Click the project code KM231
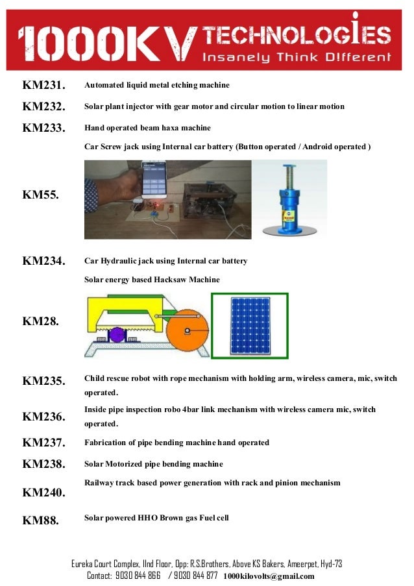(x=43, y=86)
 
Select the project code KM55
(x=40, y=194)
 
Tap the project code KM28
(x=40, y=321)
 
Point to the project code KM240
(x=43, y=493)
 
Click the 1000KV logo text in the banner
(x=106, y=42)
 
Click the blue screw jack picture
(x=289, y=199)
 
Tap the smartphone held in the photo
(x=154, y=179)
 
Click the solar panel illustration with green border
(x=249, y=326)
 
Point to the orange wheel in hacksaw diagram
(x=188, y=331)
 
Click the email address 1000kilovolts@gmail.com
(x=269, y=576)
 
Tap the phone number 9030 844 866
(x=138, y=576)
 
